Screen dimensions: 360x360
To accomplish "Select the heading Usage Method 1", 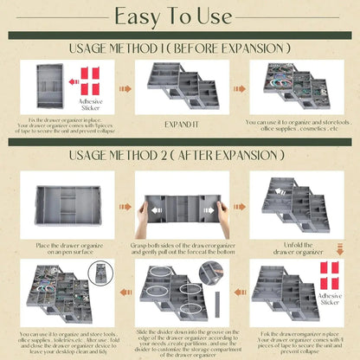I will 179,48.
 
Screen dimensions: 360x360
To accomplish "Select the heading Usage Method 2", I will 179,157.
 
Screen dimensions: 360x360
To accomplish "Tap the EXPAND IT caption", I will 179,124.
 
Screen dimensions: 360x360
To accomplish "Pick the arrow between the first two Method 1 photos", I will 125,87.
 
